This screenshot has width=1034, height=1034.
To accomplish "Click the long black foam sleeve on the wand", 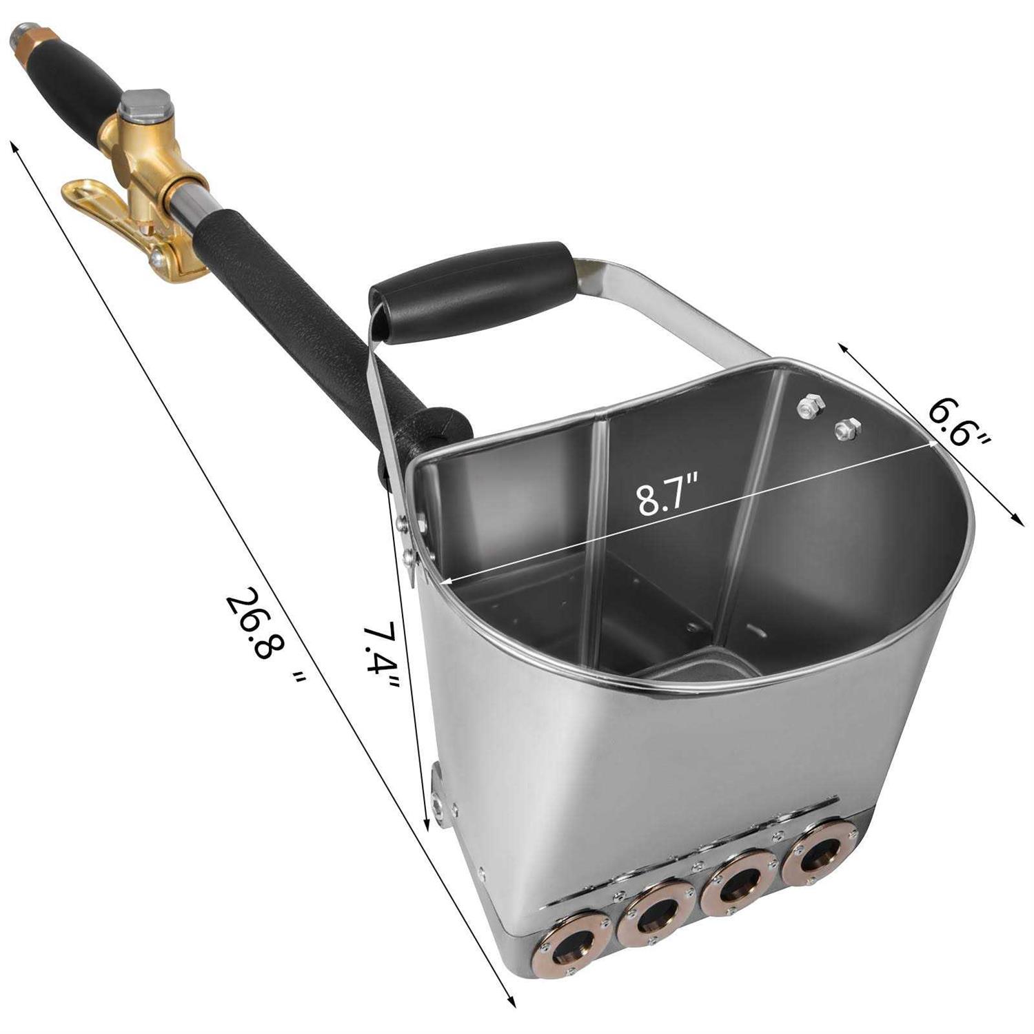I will click(x=296, y=310).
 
